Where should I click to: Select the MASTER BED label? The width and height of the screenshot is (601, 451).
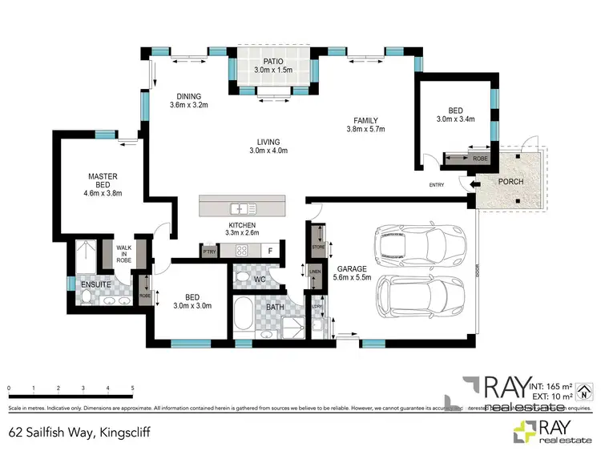point(103,181)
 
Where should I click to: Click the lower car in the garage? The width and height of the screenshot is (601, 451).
point(419,296)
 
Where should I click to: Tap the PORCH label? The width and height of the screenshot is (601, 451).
point(510,182)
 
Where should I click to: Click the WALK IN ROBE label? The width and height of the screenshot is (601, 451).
point(123,254)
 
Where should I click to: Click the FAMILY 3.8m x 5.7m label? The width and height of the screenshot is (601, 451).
point(365,124)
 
